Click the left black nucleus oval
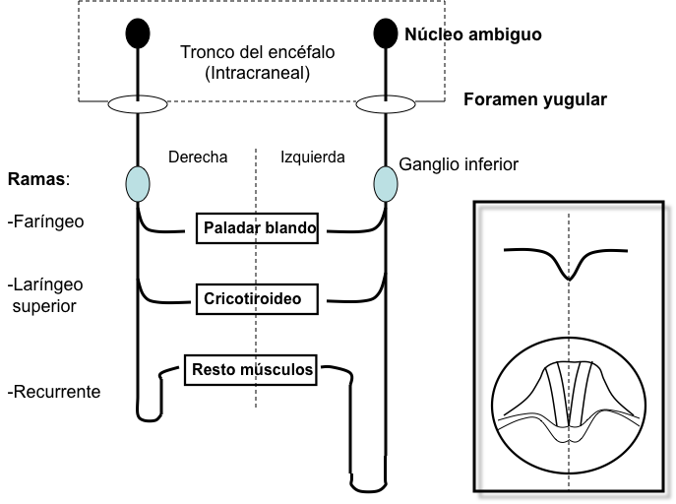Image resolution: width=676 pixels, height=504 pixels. click(x=138, y=33)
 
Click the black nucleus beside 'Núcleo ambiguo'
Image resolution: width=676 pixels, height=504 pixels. click(x=385, y=33)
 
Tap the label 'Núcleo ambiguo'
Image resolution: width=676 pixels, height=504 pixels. click(x=472, y=34)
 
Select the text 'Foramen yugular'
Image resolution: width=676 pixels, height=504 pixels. click(x=535, y=99)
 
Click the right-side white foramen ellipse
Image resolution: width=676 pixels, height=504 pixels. click(x=384, y=103)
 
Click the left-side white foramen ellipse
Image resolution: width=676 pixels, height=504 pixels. click(x=138, y=103)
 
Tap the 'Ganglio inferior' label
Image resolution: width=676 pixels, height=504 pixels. click(x=458, y=164)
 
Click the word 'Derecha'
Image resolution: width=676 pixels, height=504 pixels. click(x=198, y=157)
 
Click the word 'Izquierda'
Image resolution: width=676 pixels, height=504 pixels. click(x=313, y=157)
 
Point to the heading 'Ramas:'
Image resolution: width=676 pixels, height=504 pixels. click(x=38, y=180)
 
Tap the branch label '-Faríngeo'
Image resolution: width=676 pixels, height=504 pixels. click(x=45, y=221)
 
